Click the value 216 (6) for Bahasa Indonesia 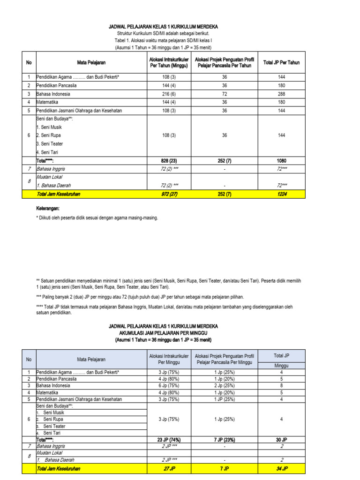point(163,94)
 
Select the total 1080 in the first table point(281,160)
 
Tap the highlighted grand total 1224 point(281,194)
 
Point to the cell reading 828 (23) point(163,160)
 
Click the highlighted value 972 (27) point(163,194)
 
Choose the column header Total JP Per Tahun point(281,62)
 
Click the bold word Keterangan point(49,208)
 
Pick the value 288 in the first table point(281,94)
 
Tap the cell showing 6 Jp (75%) point(162,385)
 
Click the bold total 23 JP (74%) point(162,440)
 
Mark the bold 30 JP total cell point(282,440)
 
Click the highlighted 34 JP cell point(282,468)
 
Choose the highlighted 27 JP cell point(162,468)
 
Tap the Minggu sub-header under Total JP point(282,365)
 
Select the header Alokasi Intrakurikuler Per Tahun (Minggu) point(163,62)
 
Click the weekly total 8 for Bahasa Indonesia point(282,385)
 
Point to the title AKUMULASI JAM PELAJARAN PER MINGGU point(163,332)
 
